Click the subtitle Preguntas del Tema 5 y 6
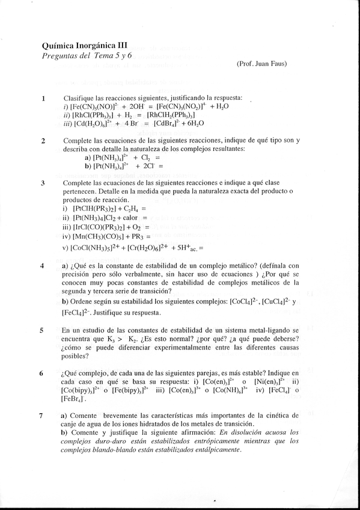pyautogui.click(x=87, y=55)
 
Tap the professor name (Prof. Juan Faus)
pyautogui.click(x=261, y=64)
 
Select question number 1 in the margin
pyautogui.click(x=43, y=98)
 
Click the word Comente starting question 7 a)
pyautogui.click(x=84, y=415)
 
